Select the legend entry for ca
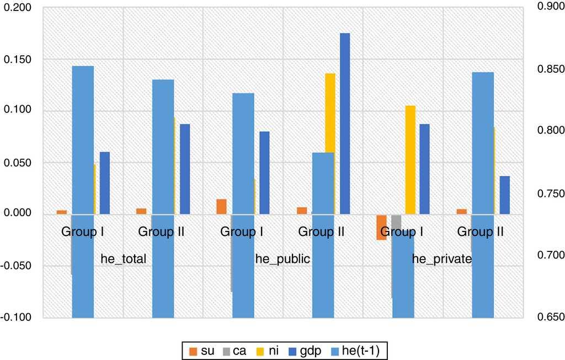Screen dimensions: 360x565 point(240,350)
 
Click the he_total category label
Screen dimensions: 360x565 point(124,259)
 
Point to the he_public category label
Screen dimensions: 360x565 point(283,259)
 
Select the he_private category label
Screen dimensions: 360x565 point(442,259)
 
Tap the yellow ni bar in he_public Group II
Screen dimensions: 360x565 point(330,143)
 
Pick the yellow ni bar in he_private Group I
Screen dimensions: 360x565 point(410,159)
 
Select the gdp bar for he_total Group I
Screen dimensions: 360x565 point(104,182)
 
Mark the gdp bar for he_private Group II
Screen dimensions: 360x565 point(505,195)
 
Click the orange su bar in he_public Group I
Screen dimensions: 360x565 point(221,207)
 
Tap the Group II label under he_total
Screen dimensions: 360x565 point(161,232)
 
